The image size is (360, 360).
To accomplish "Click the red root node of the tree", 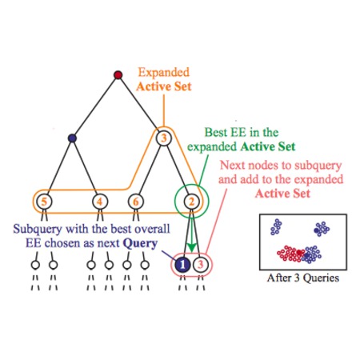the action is (x=118, y=75).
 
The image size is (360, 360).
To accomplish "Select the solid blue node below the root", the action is (x=72, y=138).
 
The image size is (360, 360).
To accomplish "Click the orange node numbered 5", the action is (x=44, y=202).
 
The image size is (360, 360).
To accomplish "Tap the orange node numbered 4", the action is (x=100, y=202).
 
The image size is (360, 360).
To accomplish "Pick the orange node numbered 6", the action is (x=136, y=202).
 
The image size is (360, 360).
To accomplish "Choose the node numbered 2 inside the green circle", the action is (x=191, y=202).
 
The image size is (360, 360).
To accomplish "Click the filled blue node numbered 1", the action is (x=182, y=265).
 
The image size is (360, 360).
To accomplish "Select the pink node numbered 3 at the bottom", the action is (x=201, y=265).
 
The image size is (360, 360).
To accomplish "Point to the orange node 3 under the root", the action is (x=164, y=138).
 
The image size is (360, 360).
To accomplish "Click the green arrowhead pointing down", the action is (x=191, y=248).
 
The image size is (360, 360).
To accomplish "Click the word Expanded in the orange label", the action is (x=164, y=73).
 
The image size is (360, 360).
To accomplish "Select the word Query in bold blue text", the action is (x=140, y=244).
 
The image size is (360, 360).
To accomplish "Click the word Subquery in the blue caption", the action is (x=38, y=229).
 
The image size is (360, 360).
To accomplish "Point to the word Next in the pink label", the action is (x=232, y=166).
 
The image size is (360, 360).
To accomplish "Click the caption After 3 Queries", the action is (x=303, y=278).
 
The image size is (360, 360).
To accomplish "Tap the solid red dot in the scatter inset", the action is (x=299, y=252).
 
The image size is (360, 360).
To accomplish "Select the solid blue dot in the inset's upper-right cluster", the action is (x=317, y=230).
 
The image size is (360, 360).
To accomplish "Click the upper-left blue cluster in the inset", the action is (x=276, y=227).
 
